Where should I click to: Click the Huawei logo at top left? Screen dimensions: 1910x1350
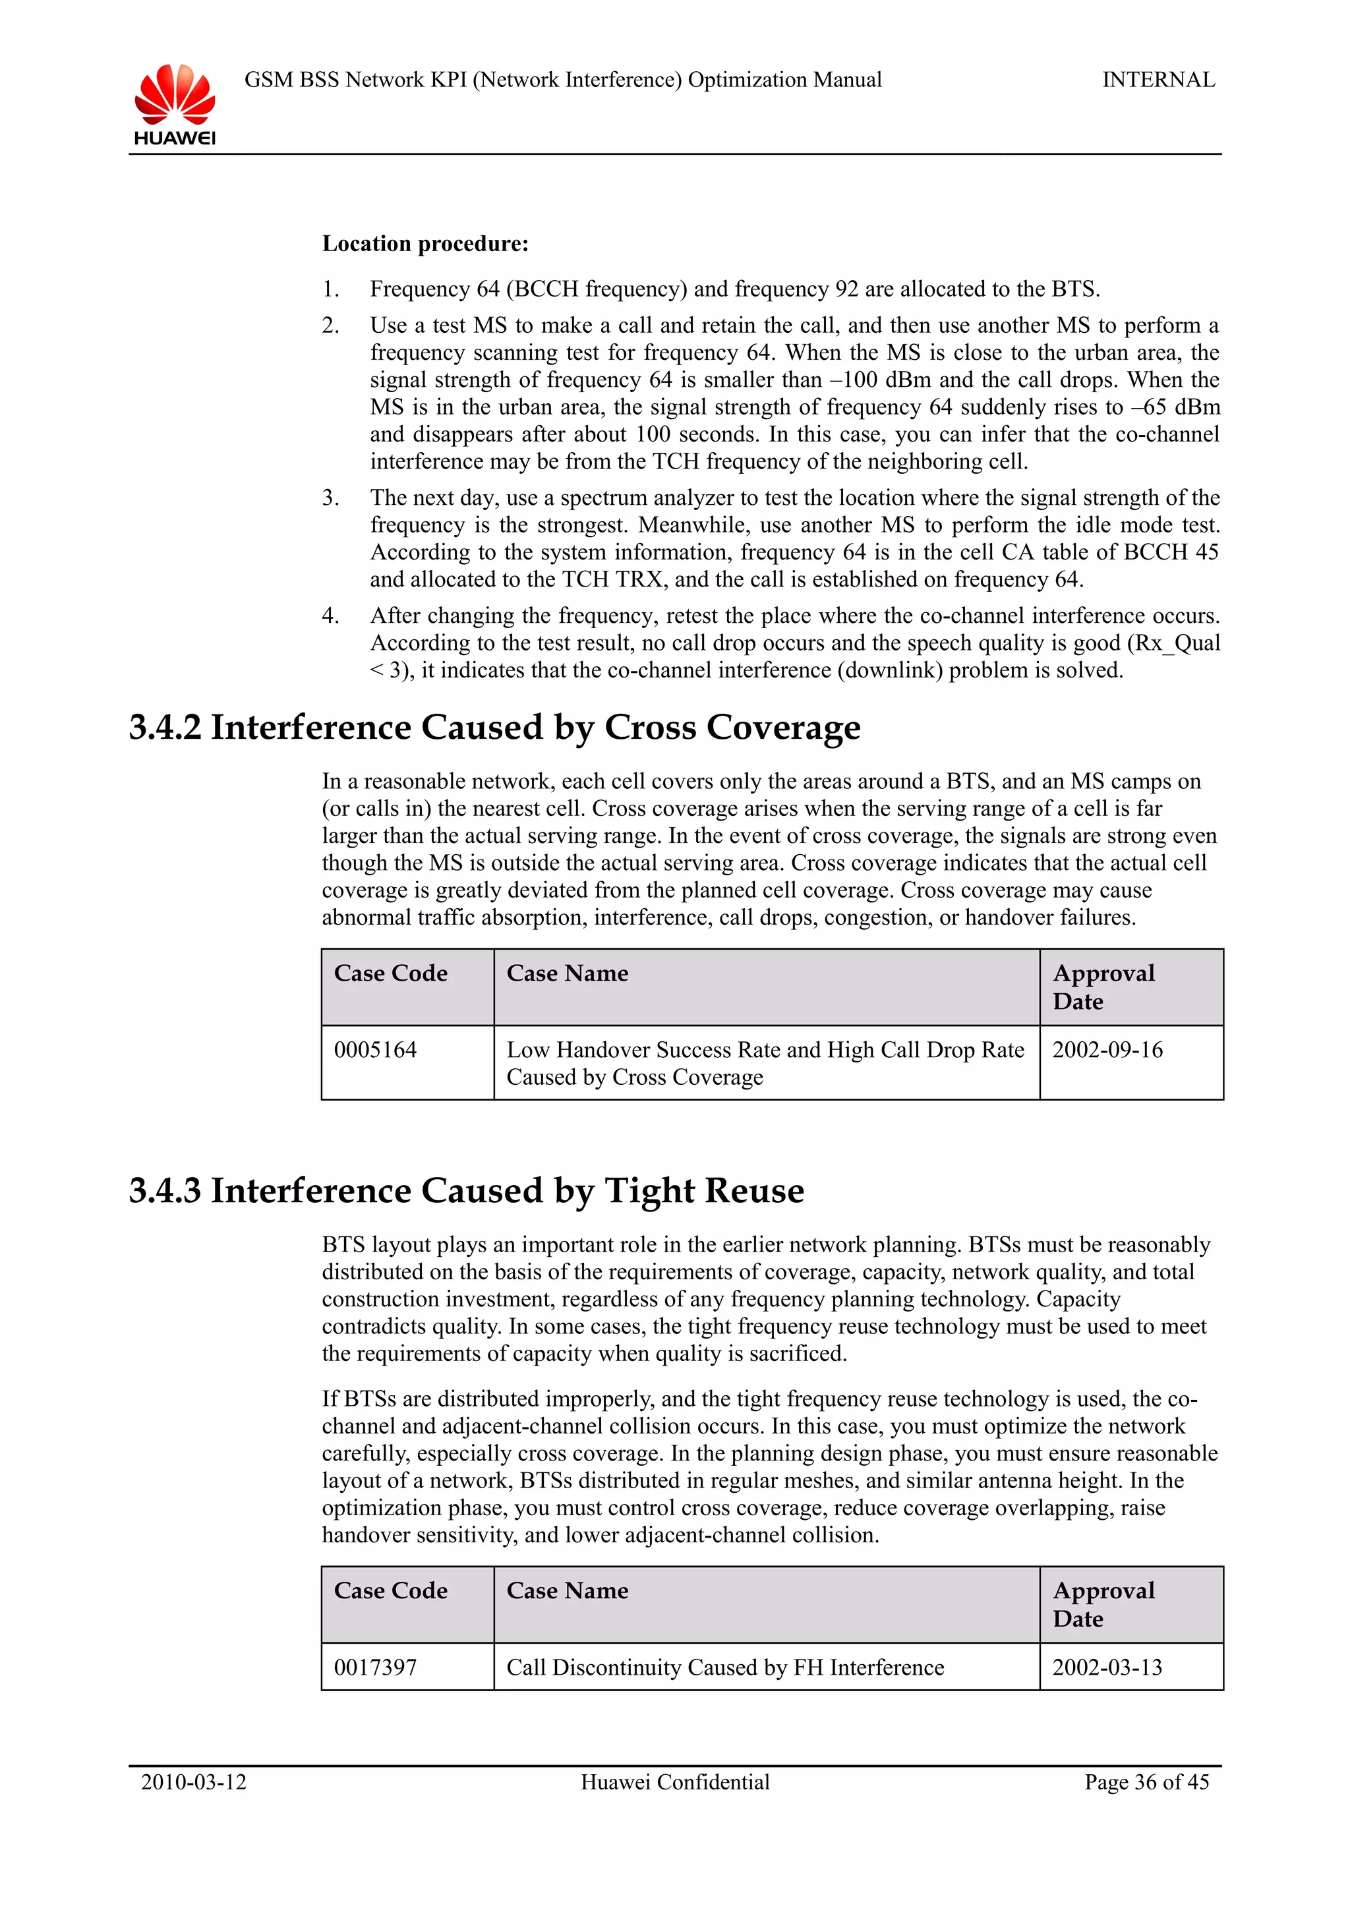[x=175, y=104]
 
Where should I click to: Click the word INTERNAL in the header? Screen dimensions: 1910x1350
[x=1158, y=80]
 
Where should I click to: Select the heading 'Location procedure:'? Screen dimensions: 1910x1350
[x=425, y=244]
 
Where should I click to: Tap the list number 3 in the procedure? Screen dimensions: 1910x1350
[x=330, y=498]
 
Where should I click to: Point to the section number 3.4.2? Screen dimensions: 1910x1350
[x=165, y=727]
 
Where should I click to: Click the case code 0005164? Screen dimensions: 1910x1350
[x=375, y=1050]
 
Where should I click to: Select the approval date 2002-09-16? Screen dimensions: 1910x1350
[x=1107, y=1050]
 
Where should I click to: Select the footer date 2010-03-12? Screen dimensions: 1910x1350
[x=194, y=1782]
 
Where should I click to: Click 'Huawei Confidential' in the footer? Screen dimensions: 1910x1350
[x=674, y=1782]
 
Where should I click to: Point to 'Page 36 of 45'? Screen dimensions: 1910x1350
[x=1146, y=1782]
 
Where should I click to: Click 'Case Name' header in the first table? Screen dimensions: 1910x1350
[x=568, y=973]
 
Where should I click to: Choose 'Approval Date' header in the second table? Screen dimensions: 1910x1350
[x=1103, y=1604]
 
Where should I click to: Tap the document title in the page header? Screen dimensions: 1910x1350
[x=562, y=80]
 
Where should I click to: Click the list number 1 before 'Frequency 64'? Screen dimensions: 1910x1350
[x=330, y=289]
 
